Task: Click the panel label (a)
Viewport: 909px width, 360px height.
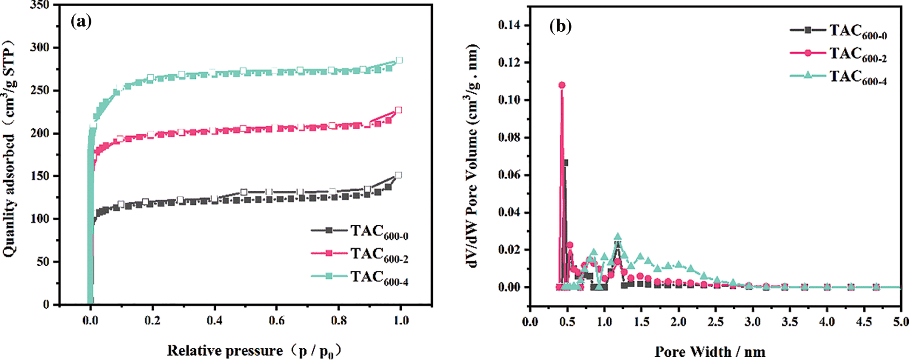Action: [x=81, y=21]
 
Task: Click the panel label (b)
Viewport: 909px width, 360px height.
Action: [x=560, y=26]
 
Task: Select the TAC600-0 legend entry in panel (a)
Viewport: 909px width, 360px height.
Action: [x=379, y=231]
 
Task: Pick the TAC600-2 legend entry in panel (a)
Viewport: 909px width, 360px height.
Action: [x=379, y=254]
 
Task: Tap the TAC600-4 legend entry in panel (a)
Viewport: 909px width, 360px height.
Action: [x=379, y=277]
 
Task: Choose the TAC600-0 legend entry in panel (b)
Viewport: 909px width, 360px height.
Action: [x=857, y=31]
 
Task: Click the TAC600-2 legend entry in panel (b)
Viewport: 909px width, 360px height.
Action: [x=857, y=54]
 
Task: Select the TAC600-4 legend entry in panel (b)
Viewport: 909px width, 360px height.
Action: [x=857, y=77]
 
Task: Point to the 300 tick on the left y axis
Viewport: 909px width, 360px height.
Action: [x=40, y=48]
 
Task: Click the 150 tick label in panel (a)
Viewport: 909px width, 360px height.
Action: [x=40, y=176]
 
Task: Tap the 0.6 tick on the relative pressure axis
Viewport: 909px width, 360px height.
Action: [x=276, y=320]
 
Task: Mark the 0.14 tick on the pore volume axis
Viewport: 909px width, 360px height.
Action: [x=510, y=25]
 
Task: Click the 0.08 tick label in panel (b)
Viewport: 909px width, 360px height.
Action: [x=510, y=138]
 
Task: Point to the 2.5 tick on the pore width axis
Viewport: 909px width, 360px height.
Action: [x=716, y=322]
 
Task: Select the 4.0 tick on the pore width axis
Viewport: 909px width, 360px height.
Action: [x=827, y=322]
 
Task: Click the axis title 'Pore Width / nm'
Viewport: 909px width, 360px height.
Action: [x=710, y=351]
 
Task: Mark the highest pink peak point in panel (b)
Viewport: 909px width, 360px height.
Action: [x=562, y=85]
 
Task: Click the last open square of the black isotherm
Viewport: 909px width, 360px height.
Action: [x=398, y=175]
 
